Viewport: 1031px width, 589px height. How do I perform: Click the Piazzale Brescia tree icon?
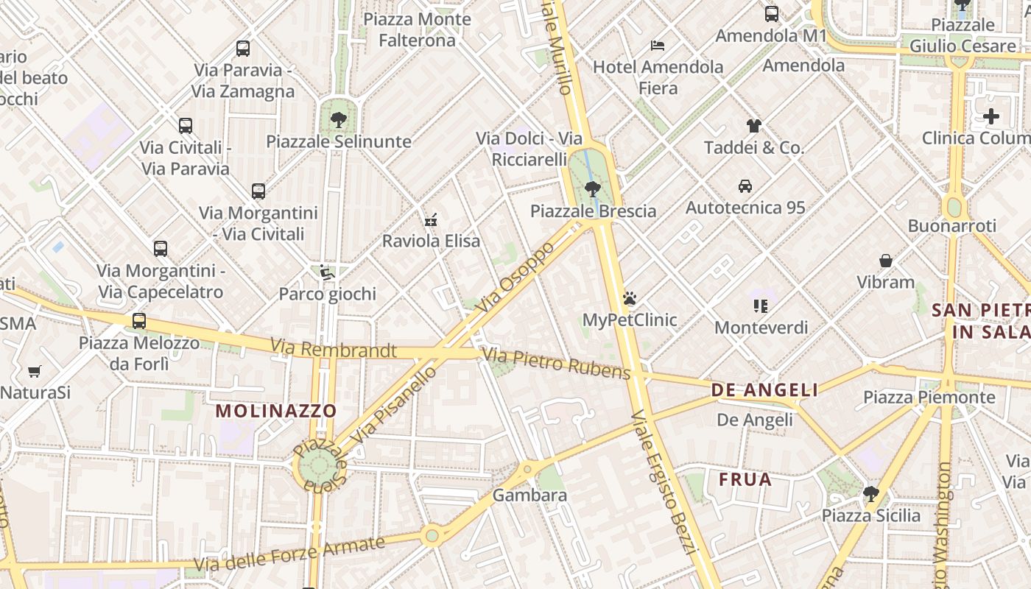coord(592,189)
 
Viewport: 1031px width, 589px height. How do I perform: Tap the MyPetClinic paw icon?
coord(629,298)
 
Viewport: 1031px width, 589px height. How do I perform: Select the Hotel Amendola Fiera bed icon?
coord(658,46)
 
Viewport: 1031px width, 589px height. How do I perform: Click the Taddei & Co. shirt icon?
coord(753,126)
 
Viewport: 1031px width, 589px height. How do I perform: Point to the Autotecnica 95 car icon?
coord(745,186)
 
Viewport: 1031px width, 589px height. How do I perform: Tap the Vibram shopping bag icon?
coord(886,261)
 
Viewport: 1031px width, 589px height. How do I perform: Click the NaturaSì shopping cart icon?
coord(34,371)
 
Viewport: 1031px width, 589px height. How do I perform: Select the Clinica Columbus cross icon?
coord(991,116)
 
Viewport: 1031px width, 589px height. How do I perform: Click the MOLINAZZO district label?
coord(276,411)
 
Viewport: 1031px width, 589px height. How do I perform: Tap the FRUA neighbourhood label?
coord(745,480)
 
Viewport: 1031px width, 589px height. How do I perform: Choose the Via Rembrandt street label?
coord(333,348)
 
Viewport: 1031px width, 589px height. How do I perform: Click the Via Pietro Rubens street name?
coord(556,364)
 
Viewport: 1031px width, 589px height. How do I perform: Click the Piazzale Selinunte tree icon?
coord(339,119)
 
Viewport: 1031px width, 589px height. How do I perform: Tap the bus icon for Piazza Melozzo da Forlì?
coord(139,321)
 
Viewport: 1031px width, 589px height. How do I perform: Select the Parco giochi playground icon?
coord(327,273)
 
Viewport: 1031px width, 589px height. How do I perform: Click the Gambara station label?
coord(529,495)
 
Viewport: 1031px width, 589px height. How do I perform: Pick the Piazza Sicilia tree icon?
coord(871,493)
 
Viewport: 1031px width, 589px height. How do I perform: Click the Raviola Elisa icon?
coord(431,219)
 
